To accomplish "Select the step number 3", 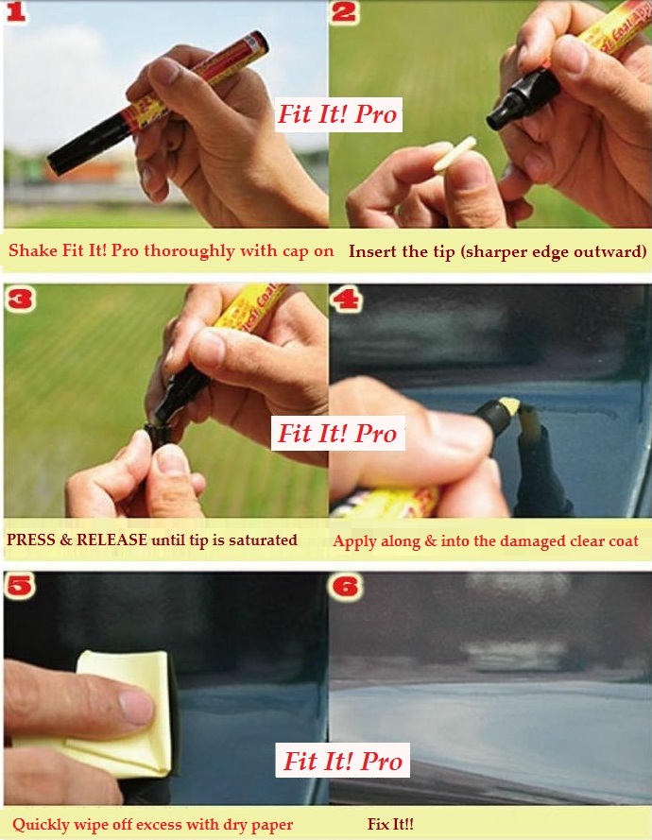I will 19,301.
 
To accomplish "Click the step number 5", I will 19,587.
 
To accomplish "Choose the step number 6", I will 347,587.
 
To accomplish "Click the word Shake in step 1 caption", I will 31,251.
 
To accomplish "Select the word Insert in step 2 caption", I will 372,251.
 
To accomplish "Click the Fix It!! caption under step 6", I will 390,825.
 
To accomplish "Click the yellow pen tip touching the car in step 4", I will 508,409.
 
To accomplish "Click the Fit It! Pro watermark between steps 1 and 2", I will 336,115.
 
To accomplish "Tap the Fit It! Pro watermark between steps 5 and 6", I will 343,762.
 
